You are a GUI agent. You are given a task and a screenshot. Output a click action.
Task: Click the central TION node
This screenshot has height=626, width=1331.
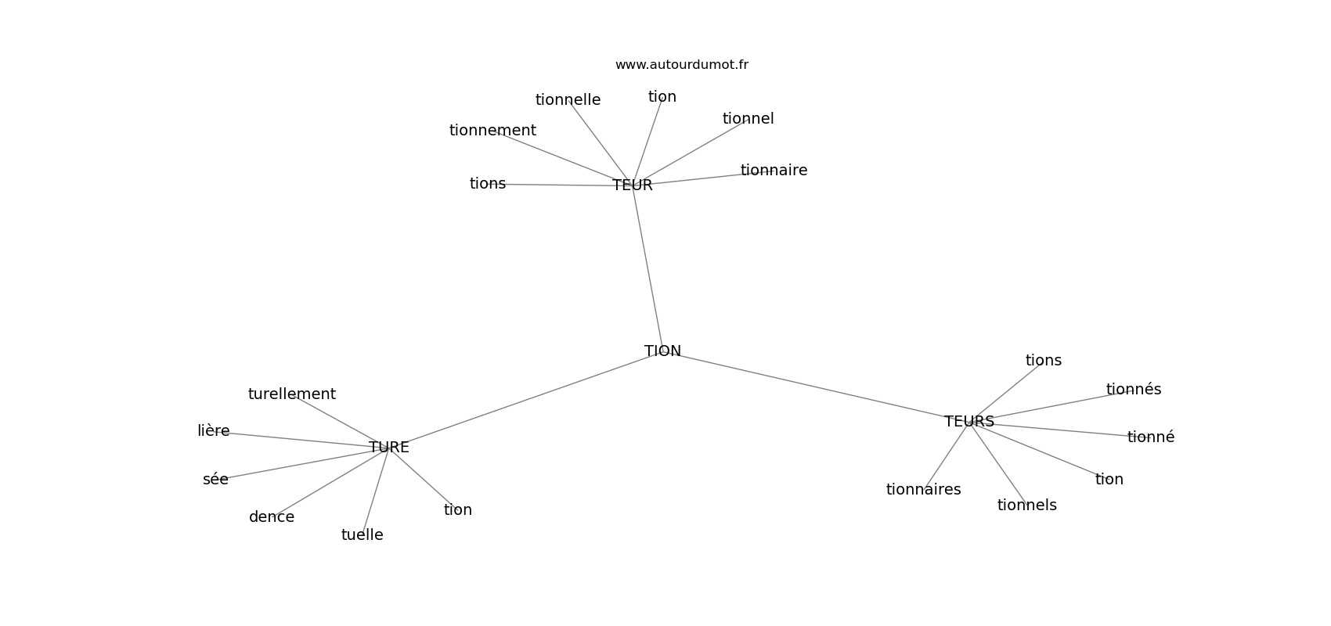[662, 351]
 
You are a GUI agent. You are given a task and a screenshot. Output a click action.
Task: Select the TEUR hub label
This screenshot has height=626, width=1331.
[633, 185]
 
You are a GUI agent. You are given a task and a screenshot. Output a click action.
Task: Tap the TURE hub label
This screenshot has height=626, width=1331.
[389, 448]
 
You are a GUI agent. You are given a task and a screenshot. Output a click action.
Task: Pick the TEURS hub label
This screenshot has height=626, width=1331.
[969, 422]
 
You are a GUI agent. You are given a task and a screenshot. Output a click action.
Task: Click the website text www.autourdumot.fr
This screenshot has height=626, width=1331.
[681, 65]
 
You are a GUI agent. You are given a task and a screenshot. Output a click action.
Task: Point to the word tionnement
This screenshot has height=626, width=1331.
[492, 131]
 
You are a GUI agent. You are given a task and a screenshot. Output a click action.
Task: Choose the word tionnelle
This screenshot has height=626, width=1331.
[568, 100]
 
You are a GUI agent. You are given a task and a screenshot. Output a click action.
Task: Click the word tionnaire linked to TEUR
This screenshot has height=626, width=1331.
[774, 171]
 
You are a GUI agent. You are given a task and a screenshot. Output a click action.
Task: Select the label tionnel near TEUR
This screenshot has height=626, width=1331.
[748, 119]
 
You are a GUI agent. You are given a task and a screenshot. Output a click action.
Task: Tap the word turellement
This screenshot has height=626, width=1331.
[291, 394]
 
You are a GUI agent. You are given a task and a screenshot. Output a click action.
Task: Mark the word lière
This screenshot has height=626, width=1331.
[214, 431]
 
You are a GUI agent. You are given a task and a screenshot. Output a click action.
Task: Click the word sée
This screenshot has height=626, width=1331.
[215, 480]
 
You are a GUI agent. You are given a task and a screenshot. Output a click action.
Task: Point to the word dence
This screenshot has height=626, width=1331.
[272, 517]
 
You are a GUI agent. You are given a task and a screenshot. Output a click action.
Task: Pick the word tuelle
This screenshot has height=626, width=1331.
[362, 535]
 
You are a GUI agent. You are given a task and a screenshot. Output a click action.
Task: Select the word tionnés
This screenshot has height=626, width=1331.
[1134, 390]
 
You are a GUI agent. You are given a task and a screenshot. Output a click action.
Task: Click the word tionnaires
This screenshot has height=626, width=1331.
[923, 490]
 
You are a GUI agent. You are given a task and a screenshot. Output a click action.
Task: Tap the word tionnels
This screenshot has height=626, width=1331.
[1026, 505]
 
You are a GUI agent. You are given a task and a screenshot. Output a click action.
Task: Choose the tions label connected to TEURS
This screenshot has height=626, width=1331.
[1043, 361]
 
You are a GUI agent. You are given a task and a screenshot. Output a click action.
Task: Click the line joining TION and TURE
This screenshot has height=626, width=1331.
[525, 400]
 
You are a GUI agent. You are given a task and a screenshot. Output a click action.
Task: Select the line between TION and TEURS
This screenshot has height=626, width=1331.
[814, 387]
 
